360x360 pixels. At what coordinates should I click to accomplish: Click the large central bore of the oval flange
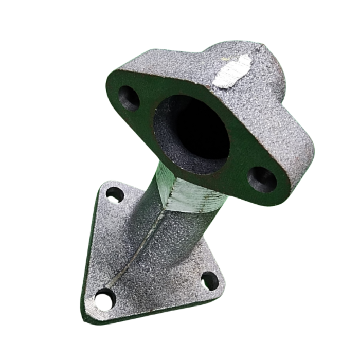point(198,131)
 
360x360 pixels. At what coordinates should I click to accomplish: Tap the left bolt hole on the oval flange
point(129,98)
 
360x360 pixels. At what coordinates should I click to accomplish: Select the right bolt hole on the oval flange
point(262,179)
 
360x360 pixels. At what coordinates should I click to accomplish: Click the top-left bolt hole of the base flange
point(114,195)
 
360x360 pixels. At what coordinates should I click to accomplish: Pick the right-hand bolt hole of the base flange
point(209,280)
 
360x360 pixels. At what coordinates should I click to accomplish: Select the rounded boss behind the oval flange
point(267,62)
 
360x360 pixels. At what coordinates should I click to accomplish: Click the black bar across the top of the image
point(180,14)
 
